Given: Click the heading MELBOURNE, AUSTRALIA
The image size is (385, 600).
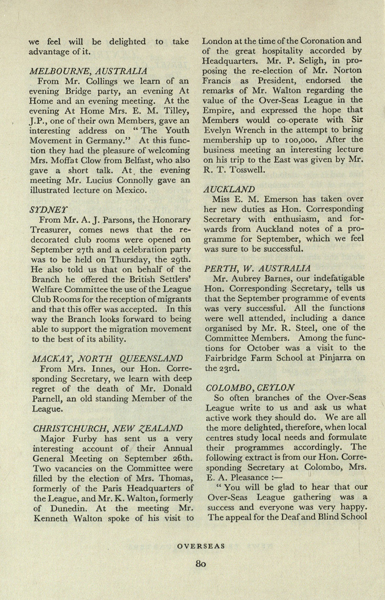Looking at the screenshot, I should click(x=89, y=71).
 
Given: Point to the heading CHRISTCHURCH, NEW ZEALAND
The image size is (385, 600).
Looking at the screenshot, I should click(x=107, y=428).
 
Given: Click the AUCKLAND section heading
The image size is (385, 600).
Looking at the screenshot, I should click(x=229, y=189).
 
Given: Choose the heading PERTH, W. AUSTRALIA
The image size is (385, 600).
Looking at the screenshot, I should click(x=257, y=268).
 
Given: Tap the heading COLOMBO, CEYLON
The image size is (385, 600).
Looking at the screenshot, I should click(x=250, y=387).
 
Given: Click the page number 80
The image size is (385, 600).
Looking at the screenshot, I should click(x=201, y=564).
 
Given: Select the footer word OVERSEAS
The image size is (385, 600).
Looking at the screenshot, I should click(x=201, y=546).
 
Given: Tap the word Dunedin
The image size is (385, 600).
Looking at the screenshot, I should click(x=67, y=508).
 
